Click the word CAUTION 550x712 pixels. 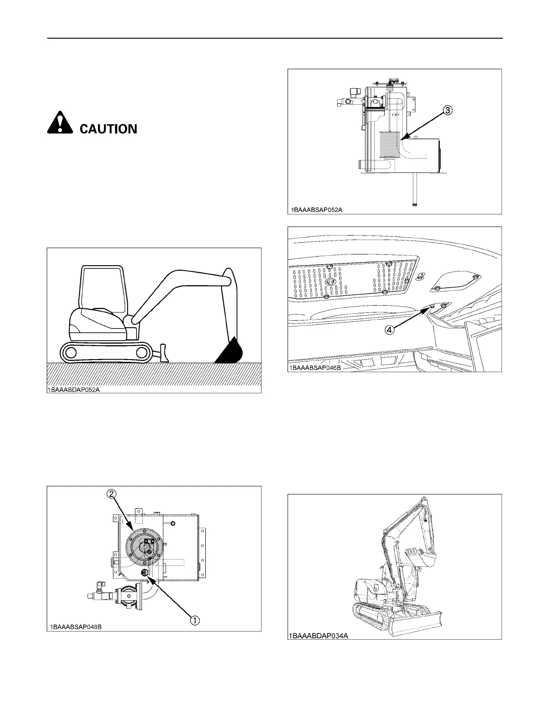108,129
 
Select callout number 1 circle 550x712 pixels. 194,620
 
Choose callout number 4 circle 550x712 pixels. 390,329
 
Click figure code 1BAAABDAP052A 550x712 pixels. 74,390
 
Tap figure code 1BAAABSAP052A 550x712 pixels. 315,209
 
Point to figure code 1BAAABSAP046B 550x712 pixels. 315,368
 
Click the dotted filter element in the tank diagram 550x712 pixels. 389,144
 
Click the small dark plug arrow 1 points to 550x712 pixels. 145,572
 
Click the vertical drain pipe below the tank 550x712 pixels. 414,191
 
